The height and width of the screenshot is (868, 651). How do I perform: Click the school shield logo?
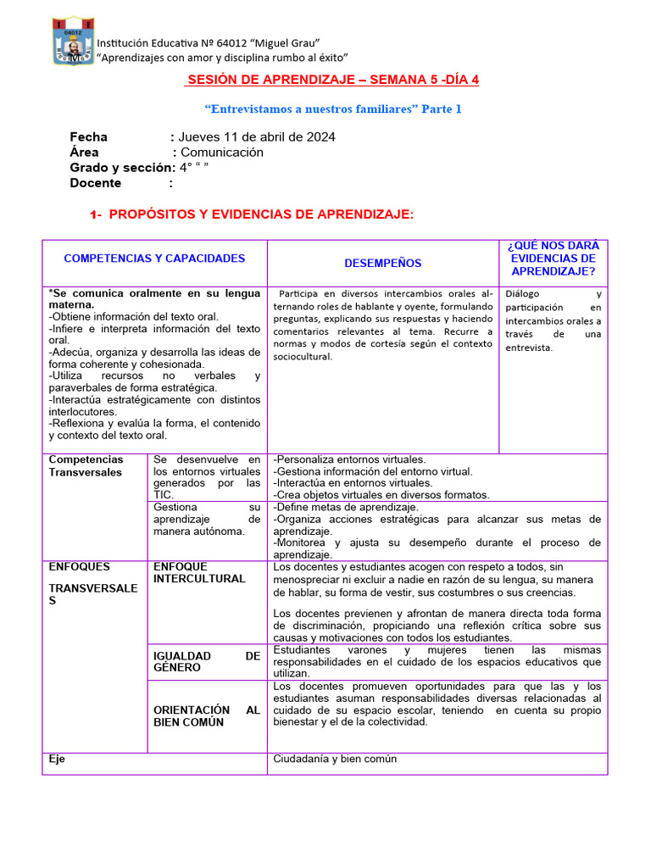tap(74, 41)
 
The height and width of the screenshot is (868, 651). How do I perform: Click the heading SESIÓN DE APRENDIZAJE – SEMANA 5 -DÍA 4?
tap(332, 80)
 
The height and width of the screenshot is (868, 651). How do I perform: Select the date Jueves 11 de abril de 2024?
tap(256, 136)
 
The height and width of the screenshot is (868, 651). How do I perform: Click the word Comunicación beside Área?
tap(221, 153)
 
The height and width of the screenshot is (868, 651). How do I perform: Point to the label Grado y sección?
tap(121, 168)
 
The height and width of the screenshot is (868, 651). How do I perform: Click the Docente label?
tap(95, 183)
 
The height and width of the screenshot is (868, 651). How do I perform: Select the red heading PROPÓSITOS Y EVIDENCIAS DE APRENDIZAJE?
tap(261, 215)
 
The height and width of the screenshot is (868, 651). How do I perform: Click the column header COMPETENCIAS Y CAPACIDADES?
tap(154, 259)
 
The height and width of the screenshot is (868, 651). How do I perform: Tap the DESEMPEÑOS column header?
tap(382, 264)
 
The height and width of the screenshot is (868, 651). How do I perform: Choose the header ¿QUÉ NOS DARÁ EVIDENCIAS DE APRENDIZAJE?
tap(553, 259)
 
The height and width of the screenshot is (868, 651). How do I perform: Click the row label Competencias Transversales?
tap(86, 465)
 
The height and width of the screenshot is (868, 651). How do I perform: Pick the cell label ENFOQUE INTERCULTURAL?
tap(199, 572)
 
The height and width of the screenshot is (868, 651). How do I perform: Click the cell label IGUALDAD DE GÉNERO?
tap(207, 661)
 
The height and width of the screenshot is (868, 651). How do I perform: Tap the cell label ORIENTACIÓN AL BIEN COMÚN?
tap(207, 715)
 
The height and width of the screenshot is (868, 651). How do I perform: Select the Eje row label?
tap(57, 759)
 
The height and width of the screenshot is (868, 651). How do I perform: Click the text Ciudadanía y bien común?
tap(334, 759)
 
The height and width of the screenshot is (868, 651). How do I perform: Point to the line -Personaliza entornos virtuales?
tap(349, 459)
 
